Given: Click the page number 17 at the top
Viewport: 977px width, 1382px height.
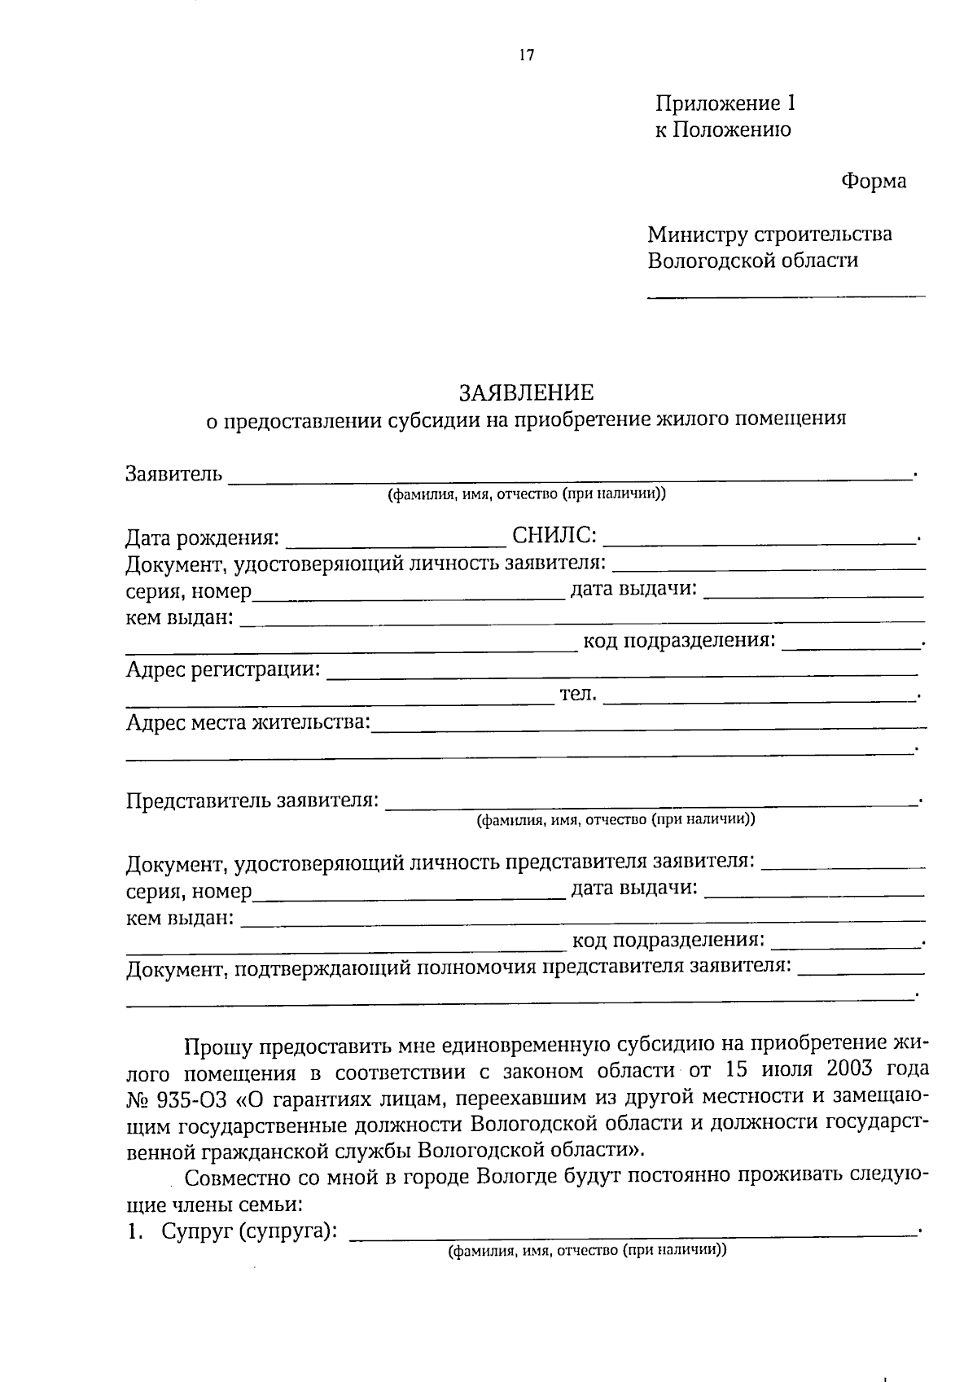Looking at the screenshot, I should coord(526,55).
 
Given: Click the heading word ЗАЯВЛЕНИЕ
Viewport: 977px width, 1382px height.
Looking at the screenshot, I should coord(526,393).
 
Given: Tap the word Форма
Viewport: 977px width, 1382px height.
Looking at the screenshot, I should coord(873,181).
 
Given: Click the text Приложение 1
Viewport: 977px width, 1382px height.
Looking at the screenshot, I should coord(725,103).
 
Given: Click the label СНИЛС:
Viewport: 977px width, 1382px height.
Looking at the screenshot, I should coord(554,536).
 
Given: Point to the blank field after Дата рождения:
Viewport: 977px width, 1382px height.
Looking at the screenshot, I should coord(396,542).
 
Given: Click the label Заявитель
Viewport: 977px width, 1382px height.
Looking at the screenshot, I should coord(173,473).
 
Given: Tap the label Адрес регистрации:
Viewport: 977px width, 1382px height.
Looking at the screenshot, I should coord(222,669).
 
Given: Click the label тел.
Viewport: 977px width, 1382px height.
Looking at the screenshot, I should coord(578,694).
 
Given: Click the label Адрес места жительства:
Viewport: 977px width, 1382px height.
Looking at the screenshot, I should coord(248,722).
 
